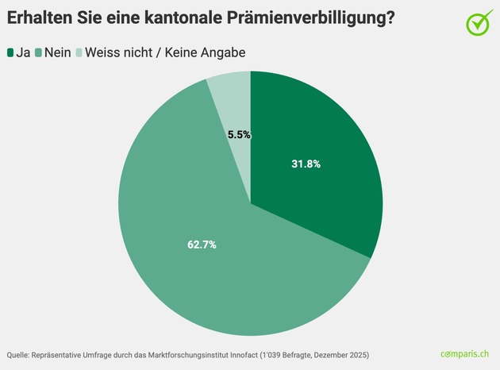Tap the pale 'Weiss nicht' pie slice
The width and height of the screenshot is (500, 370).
[230, 103]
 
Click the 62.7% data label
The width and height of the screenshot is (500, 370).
[202, 245]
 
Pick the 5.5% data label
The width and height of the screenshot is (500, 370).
[239, 135]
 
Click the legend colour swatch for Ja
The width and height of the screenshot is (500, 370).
[11, 52]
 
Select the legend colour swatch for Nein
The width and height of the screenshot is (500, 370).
[39, 52]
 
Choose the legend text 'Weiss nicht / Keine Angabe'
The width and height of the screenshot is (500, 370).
[164, 52]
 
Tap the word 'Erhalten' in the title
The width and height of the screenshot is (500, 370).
[42, 18]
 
